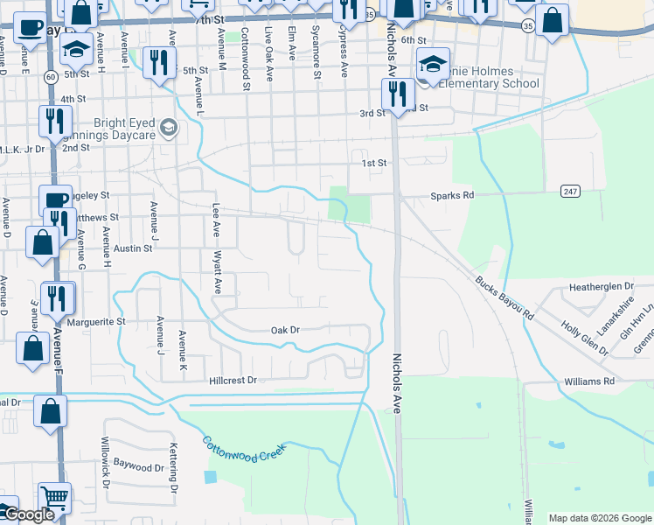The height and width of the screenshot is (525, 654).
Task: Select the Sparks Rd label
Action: coord(452,195)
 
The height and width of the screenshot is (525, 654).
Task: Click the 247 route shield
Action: coord(571,191)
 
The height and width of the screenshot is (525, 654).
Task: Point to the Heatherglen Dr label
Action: coord(601,286)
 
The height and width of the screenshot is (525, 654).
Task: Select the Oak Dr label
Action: coord(285,330)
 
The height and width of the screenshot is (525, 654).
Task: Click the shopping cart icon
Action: coord(54,499)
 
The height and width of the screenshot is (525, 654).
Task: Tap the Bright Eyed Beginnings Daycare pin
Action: coord(169,131)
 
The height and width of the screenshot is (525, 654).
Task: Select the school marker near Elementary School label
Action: coord(433,65)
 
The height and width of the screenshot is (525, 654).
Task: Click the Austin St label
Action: coord(135,248)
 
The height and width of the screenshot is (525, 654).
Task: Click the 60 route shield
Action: coord(52,77)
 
